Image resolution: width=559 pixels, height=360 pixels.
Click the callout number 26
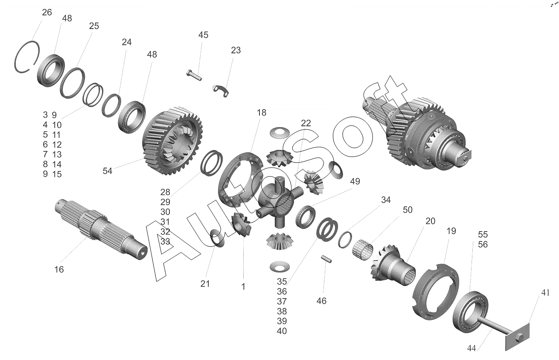[47, 12]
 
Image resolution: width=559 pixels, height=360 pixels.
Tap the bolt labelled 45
[194, 75]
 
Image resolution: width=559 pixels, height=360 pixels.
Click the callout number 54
[108, 171]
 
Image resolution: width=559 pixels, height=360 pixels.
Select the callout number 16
[59, 270]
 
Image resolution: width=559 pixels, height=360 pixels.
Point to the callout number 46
[321, 301]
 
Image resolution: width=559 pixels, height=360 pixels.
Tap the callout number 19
[451, 231]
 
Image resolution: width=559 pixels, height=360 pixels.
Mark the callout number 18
[262, 113]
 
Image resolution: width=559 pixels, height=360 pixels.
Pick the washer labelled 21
[217, 238]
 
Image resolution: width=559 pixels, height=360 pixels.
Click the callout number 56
[483, 244]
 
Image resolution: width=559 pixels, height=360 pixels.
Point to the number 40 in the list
[282, 331]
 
